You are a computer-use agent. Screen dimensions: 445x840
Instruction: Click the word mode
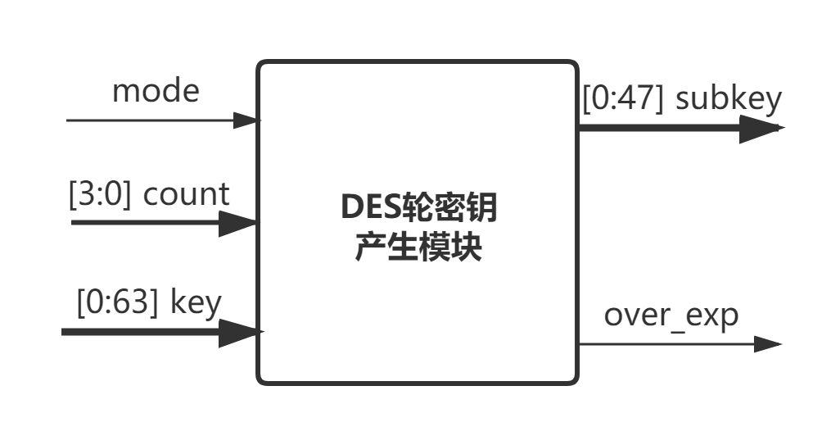(155, 90)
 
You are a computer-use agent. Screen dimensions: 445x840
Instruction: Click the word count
(187, 195)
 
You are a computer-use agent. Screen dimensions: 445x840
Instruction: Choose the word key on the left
(196, 303)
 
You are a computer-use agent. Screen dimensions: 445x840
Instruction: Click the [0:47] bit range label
(624, 98)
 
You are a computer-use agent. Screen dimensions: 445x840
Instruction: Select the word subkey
(729, 98)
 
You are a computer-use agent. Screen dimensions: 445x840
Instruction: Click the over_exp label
(671, 315)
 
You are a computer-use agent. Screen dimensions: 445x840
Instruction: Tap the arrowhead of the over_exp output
(768, 343)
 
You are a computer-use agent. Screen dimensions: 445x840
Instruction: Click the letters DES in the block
(368, 209)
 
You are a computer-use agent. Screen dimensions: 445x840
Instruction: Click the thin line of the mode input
(147, 120)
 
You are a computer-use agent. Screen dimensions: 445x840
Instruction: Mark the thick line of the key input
(139, 332)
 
